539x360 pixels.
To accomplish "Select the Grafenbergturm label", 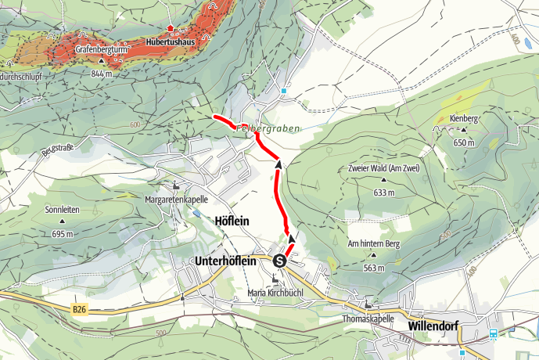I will point(102,49).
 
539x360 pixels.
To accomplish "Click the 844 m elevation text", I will point(101,74).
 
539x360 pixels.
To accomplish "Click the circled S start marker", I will point(279,260).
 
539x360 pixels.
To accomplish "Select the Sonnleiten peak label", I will point(62,210).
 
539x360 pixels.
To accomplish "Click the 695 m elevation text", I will point(62,234).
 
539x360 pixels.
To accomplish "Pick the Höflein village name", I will point(231,221).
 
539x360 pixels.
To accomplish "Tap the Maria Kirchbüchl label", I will point(275,293).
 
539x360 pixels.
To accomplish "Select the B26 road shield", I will point(79,310).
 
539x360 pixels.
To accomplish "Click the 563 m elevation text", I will point(374,268).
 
